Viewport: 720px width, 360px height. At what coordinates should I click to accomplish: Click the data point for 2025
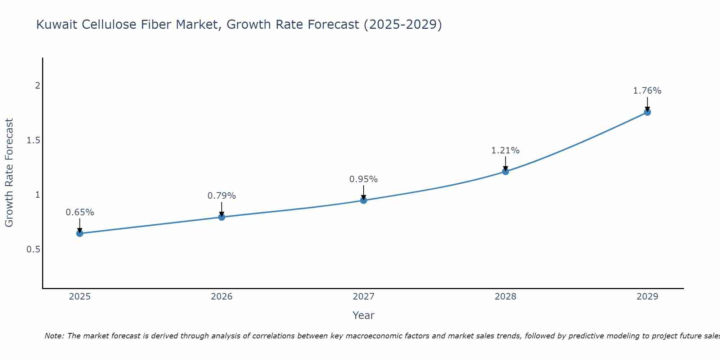click(x=80, y=233)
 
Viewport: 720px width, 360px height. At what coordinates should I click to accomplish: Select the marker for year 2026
click(x=221, y=217)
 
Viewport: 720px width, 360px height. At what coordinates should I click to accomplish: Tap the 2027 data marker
click(x=364, y=200)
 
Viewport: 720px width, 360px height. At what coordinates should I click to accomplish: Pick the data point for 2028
click(x=505, y=171)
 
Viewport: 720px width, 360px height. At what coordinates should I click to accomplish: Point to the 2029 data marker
click(x=647, y=112)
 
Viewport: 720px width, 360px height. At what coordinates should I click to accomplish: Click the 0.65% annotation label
click(x=80, y=212)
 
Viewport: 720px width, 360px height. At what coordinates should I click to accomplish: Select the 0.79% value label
click(x=221, y=196)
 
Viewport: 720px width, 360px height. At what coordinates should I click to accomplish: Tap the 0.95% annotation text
click(x=364, y=179)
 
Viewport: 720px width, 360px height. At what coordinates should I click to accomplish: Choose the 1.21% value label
click(x=505, y=150)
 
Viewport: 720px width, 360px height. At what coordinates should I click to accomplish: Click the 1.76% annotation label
click(x=647, y=91)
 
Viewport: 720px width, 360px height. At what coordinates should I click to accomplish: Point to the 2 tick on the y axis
click(x=37, y=86)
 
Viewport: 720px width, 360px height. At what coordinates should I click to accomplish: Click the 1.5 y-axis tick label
click(x=33, y=140)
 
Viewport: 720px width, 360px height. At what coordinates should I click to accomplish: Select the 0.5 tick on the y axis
click(x=33, y=249)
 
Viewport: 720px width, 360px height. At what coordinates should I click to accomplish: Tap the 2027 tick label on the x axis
click(x=364, y=297)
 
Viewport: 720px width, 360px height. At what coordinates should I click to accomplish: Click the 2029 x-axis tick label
click(x=647, y=297)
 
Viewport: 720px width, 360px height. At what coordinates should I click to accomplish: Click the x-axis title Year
click(x=364, y=315)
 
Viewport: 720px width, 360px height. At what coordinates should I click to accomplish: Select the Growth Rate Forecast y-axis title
click(x=9, y=173)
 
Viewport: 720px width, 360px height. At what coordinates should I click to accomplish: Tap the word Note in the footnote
click(x=54, y=336)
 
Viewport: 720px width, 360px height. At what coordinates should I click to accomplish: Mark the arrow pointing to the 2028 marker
click(x=505, y=163)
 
